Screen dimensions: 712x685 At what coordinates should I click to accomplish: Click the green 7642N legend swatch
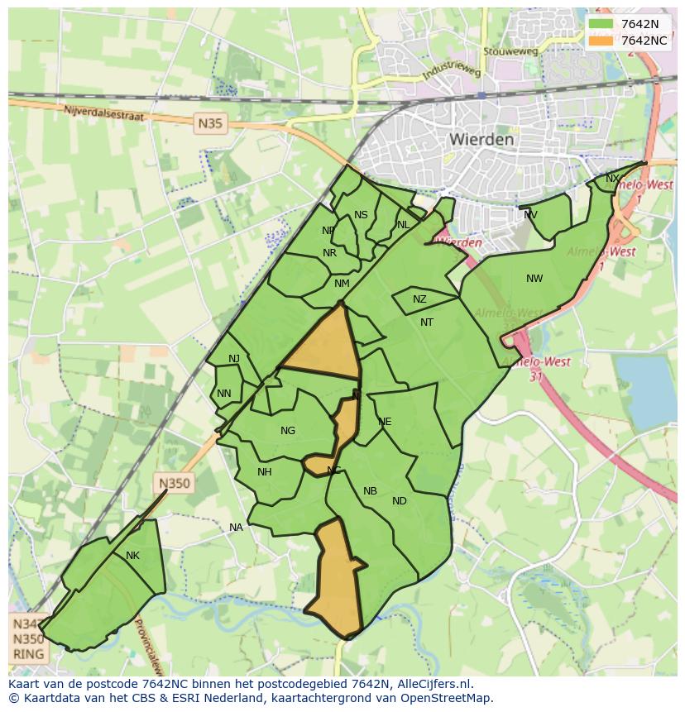point(601,24)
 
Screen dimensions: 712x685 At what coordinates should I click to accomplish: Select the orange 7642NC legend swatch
point(601,41)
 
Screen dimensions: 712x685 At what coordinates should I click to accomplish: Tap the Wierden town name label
point(481,140)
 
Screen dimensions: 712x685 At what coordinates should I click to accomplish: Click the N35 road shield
point(210,124)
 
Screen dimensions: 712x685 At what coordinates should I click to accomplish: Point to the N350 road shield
point(175,484)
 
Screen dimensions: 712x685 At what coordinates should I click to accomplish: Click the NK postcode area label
point(132,556)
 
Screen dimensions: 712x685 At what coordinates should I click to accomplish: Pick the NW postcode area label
point(534,279)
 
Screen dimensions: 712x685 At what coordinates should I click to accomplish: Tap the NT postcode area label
point(427,323)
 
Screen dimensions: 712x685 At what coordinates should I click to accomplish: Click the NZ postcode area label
point(419,299)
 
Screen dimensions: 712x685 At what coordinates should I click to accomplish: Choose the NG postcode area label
point(288,431)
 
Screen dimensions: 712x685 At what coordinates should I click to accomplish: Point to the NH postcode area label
point(265,472)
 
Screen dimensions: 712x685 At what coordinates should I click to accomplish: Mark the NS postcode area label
point(361,215)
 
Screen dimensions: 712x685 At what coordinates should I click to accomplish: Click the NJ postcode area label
point(234,358)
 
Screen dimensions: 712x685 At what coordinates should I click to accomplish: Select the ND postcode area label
point(400,501)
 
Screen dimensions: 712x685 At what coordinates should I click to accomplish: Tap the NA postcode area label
point(236,528)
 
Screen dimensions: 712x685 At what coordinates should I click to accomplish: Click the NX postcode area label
point(612,179)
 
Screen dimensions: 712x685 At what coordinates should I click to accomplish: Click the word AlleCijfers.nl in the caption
point(434,684)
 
